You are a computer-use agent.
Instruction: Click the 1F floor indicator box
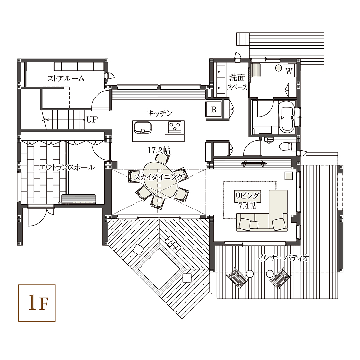[37, 303]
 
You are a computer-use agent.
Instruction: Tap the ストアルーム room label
[66, 79]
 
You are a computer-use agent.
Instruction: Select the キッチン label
[160, 113]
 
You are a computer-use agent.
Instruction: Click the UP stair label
[92, 119]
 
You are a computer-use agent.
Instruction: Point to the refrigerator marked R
[214, 109]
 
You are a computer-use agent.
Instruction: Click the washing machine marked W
[289, 71]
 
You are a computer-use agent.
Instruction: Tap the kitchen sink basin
[143, 128]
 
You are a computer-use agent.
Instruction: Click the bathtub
[286, 117]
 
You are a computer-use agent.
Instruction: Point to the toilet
[289, 146]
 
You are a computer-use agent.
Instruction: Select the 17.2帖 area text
[159, 151]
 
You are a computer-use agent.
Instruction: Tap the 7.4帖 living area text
[247, 206]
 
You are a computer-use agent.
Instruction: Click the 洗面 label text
[237, 78]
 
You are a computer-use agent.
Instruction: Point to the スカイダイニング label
[159, 177]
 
